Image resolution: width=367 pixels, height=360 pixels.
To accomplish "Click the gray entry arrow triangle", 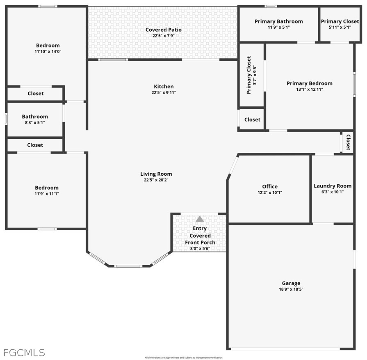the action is (x=200, y=219).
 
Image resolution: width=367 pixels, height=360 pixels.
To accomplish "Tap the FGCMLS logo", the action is (x=24, y=353).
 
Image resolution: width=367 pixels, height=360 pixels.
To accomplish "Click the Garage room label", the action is (x=291, y=283).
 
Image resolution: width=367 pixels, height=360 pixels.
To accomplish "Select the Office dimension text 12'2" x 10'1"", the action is (x=270, y=193).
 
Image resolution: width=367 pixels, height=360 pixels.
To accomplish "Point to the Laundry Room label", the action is (x=333, y=186).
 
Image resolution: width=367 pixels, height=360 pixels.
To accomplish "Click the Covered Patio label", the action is (x=164, y=30).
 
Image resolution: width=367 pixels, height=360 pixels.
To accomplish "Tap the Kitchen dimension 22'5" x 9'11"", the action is (x=164, y=92).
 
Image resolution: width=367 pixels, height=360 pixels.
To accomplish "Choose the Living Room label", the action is (x=156, y=174).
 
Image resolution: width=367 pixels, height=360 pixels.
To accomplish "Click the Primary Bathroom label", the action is (x=279, y=22).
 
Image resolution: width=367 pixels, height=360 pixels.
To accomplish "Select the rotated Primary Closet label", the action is (x=248, y=75).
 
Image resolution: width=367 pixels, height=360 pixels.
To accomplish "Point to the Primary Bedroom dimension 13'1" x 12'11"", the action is (x=310, y=89).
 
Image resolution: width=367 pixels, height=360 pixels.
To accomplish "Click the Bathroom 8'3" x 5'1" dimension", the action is (x=35, y=122).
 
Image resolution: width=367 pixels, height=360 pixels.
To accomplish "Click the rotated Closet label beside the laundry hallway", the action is (x=348, y=142).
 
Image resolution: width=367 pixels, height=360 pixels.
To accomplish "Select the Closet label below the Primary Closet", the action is (x=252, y=119).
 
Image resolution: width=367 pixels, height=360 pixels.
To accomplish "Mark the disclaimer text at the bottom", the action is (x=184, y=358).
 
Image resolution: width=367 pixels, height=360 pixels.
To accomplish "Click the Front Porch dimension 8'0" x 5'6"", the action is (x=200, y=248).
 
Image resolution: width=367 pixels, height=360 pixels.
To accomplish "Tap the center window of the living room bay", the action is (x=128, y=266).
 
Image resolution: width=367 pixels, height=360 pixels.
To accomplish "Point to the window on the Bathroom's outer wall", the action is (x=6, y=119).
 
